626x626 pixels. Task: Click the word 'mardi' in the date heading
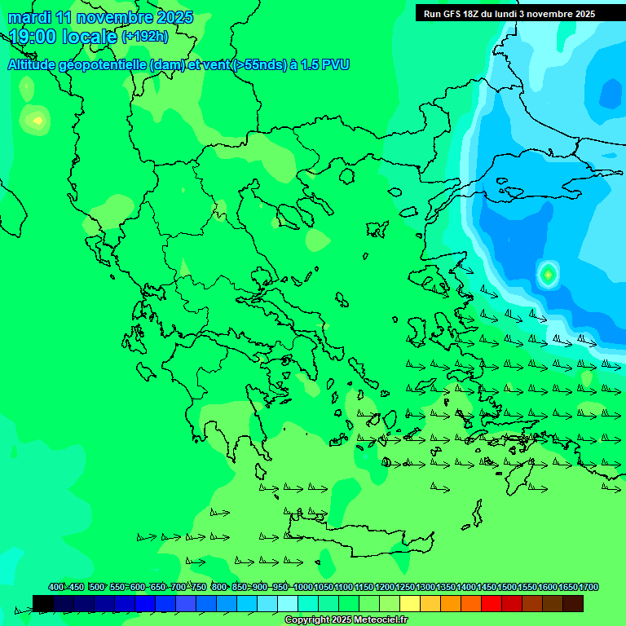[x=29, y=17]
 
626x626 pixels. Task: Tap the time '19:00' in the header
[x=33, y=37]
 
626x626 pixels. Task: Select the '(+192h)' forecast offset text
[x=145, y=36]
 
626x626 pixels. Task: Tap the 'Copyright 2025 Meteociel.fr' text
[x=346, y=620]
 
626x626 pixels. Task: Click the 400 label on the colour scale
[x=56, y=587]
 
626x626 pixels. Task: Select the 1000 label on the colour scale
[x=302, y=587]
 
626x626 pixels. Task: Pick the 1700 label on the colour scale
[x=589, y=587]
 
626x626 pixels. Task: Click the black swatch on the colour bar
[x=43, y=603]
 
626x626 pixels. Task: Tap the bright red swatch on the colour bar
[x=492, y=603]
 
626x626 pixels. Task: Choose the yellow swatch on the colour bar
[x=410, y=603]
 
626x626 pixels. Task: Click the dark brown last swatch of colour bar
[x=573, y=603]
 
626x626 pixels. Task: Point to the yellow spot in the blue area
[x=548, y=275]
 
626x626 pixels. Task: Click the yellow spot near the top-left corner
[x=37, y=121]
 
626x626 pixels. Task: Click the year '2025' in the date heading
[x=174, y=17]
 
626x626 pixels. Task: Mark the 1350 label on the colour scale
[x=446, y=587]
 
